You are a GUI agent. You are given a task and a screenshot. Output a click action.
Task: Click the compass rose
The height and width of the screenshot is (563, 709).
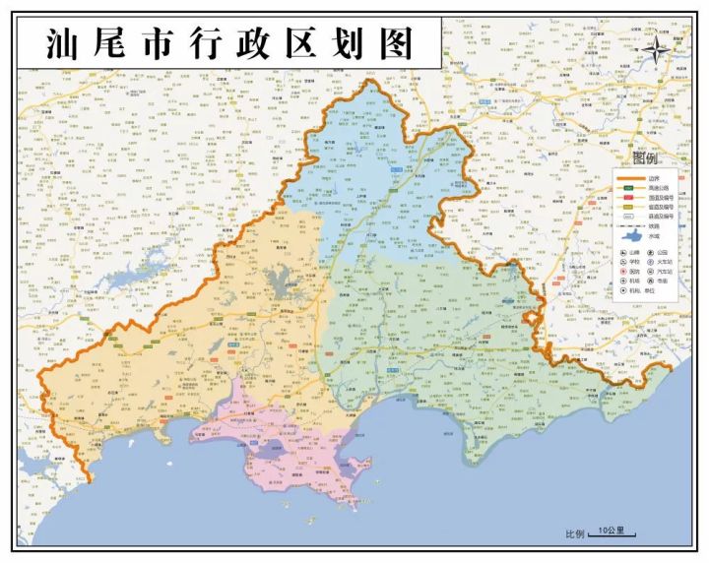coord(657,48)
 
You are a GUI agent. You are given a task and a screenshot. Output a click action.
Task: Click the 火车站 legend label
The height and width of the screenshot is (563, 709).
coord(665,262)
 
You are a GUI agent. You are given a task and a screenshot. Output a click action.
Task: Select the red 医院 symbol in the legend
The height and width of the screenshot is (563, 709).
coord(624,271)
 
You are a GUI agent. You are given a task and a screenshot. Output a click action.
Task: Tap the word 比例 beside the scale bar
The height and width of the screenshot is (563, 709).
coord(575,534)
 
